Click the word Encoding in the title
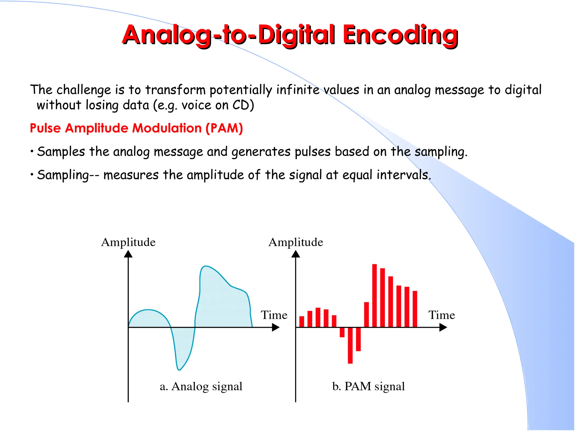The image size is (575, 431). pos(400,35)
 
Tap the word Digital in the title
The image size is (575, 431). pos(296,35)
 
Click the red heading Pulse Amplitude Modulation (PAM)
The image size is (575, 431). pos(136,128)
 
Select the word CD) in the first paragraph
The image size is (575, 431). pos(243,105)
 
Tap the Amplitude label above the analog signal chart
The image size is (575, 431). pos(128,242)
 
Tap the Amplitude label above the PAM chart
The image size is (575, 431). pos(296,242)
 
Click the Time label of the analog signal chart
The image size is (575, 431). pos(274,315)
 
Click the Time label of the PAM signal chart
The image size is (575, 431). pos(441,315)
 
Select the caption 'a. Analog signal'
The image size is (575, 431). pos(201,386)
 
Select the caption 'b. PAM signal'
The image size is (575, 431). pos(368,386)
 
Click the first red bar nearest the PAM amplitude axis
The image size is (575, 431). pos(302,322)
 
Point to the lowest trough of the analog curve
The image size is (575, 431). pos(179,369)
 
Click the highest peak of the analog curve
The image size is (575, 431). pos(206,266)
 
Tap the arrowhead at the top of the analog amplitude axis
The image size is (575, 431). pos(128,254)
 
